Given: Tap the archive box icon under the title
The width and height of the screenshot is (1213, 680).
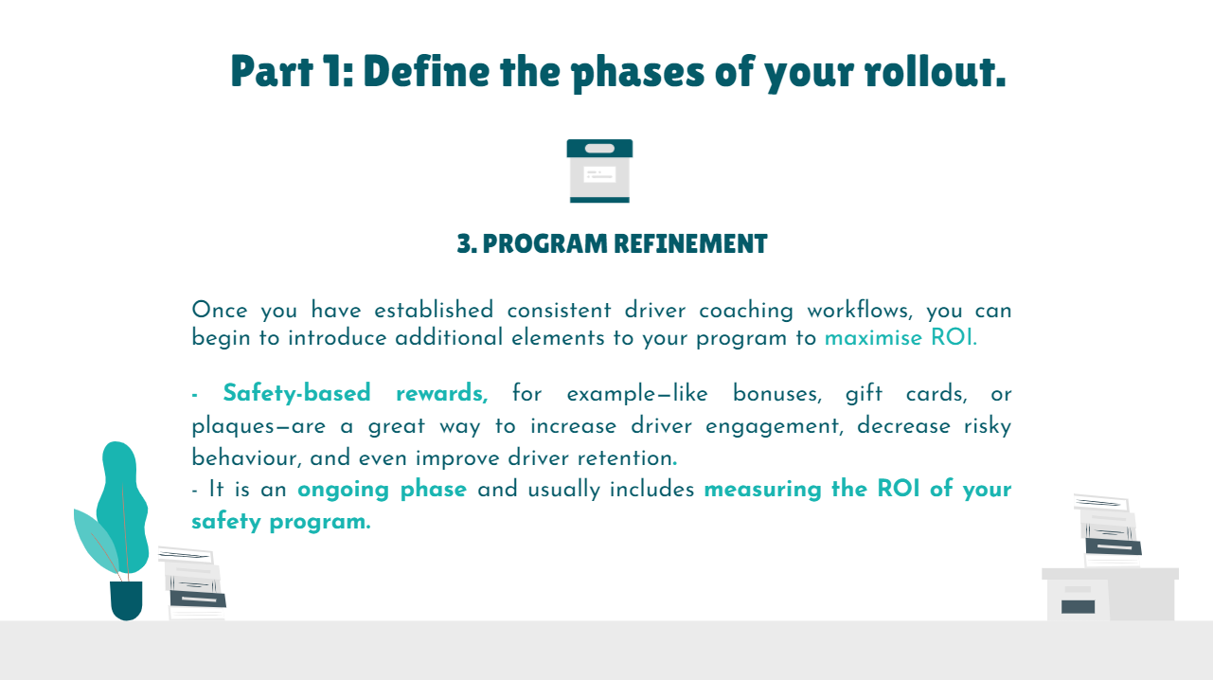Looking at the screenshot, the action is [599, 171].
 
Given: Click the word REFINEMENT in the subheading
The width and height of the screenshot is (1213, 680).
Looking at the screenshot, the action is [690, 243].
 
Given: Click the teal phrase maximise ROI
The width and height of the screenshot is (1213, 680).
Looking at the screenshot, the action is [901, 338].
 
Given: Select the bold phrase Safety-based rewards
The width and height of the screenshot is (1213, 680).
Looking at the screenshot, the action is [355, 394].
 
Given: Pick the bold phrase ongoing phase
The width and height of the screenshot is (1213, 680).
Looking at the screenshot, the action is [382, 490].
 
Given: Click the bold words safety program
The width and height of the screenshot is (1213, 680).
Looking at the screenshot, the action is [281, 522].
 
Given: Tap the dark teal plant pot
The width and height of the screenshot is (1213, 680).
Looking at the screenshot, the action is [126, 600].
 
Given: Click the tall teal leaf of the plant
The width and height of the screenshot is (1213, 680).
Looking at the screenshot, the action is [122, 506].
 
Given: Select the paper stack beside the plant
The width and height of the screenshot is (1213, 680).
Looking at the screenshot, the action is [193, 583].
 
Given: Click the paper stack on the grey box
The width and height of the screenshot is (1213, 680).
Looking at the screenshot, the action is [1108, 530].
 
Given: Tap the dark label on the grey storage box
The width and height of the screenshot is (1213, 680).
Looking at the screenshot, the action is [1078, 607].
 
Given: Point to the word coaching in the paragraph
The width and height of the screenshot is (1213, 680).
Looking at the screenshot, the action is [745, 311].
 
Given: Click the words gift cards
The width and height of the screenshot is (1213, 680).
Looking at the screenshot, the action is [906, 394].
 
